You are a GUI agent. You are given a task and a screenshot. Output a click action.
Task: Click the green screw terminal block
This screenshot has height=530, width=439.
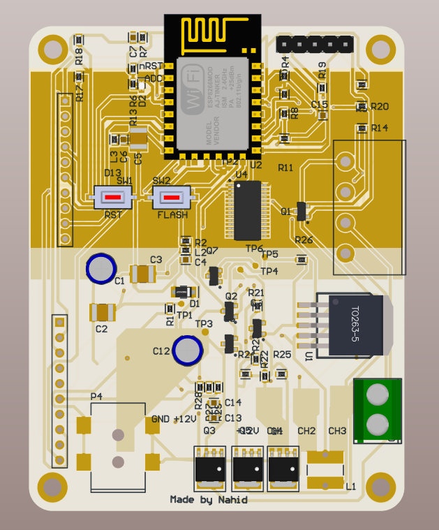pyautogui.click(x=378, y=410)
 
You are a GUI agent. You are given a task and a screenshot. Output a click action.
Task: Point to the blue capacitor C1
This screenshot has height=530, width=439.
pyautogui.click(x=101, y=267)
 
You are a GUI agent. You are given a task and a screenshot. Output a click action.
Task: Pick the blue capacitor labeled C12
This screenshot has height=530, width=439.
pyautogui.click(x=188, y=349)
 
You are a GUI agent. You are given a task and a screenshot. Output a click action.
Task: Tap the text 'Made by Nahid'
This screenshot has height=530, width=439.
pyautogui.click(x=209, y=499)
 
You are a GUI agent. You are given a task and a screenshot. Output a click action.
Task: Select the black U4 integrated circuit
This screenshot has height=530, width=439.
pyautogui.click(x=247, y=210)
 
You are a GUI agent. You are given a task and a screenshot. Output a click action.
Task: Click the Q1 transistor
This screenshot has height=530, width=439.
pyautogui.click(x=302, y=211)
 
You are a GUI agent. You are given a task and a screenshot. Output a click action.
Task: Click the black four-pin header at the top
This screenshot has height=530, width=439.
pyautogui.click(x=314, y=44)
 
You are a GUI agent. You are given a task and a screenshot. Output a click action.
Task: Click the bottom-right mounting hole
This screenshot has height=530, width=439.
pyautogui.click(x=381, y=487)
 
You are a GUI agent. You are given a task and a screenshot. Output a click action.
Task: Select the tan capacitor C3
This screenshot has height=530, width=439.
pyautogui.click(x=143, y=273)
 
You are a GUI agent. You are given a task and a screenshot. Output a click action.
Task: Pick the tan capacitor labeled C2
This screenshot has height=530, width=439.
pyautogui.click(x=103, y=311)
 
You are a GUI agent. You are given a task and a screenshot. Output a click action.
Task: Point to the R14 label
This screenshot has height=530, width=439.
pyautogui.click(x=380, y=128)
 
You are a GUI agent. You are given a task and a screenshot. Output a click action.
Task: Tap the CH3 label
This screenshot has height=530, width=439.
pyautogui.click(x=337, y=431)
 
